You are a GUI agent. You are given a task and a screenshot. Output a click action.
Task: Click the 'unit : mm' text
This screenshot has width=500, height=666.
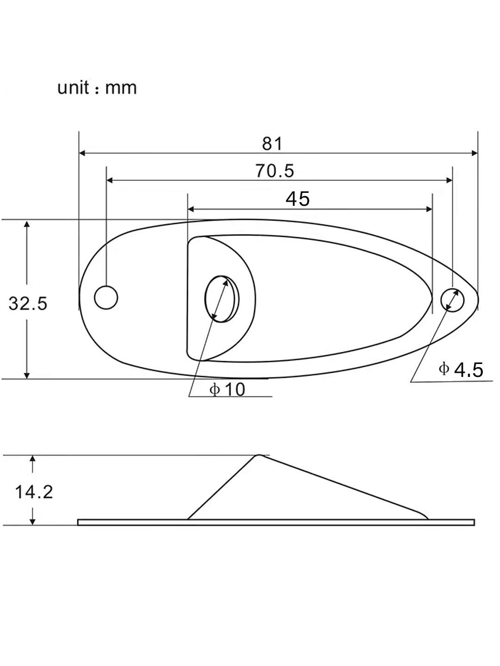click(97, 87)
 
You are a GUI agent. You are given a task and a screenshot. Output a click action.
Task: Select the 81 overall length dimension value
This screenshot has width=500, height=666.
click(272, 144)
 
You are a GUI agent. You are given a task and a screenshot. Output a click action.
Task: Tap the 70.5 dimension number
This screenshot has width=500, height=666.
click(274, 171)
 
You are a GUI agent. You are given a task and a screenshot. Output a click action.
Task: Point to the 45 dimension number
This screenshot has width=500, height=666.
click(297, 199)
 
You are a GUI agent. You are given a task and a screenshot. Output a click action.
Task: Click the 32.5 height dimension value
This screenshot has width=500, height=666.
click(28, 304)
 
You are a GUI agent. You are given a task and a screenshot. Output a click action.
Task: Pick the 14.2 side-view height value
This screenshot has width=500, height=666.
click(34, 492)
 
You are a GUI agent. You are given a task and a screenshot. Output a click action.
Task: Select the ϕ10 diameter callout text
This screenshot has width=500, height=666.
click(227, 389)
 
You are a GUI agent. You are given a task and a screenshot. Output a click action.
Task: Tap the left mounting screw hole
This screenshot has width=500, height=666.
click(106, 297)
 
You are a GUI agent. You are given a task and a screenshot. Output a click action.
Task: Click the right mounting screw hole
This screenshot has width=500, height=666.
click(452, 299)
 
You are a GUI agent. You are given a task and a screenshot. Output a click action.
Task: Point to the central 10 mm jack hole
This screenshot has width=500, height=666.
click(220, 298)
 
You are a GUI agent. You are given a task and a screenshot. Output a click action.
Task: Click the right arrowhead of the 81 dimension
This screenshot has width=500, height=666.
click(474, 153)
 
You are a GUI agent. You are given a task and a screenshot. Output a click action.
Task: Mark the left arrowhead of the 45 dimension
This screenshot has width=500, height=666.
click(191, 209)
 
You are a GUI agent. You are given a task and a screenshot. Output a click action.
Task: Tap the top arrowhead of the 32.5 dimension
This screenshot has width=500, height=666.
click(27, 224)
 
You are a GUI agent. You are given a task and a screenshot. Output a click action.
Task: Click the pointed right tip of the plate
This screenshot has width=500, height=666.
click(477, 298)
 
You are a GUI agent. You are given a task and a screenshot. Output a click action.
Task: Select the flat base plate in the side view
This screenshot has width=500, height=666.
click(276, 522)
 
